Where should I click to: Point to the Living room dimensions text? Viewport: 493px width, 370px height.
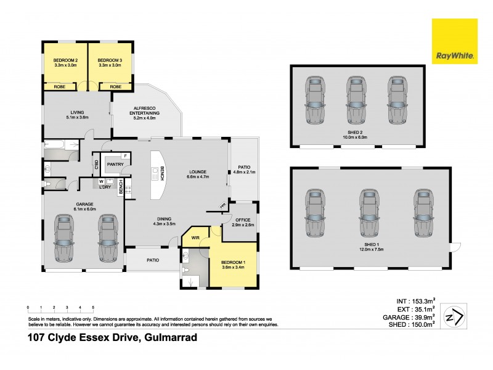point(76,117)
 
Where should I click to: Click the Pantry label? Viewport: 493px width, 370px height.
point(115,164)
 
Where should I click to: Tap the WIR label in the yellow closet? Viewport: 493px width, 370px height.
point(195,237)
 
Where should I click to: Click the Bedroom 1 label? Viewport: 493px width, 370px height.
point(233,263)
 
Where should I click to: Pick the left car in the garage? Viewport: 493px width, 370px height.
point(63,237)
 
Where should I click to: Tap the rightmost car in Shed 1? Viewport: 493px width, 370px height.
point(422,213)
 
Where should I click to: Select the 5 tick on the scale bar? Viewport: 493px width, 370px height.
point(93,306)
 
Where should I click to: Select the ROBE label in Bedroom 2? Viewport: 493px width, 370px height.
point(60,87)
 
